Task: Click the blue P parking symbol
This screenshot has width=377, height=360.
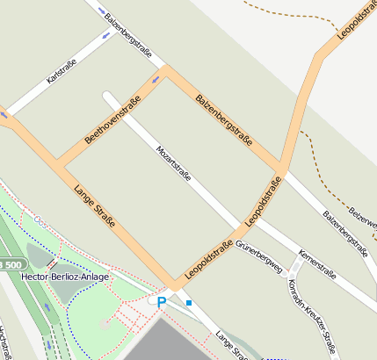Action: coord(161,302)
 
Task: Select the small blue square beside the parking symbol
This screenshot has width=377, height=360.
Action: coord(189,303)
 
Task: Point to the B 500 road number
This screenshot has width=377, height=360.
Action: coord(11,264)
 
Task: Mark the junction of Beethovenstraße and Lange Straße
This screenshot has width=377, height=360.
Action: coord(58,165)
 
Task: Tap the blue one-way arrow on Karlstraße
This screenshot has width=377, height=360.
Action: coord(106,35)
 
